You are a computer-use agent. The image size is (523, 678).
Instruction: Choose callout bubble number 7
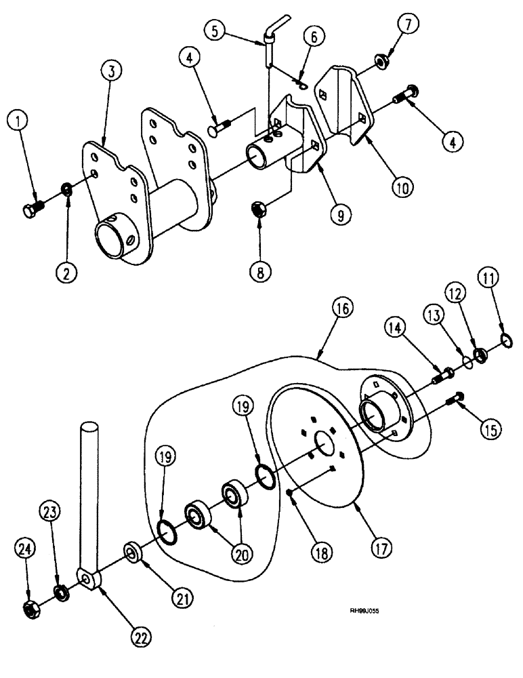[409, 25]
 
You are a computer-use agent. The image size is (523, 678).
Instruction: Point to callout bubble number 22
[140, 637]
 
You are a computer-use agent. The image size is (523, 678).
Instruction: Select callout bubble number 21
[180, 596]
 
